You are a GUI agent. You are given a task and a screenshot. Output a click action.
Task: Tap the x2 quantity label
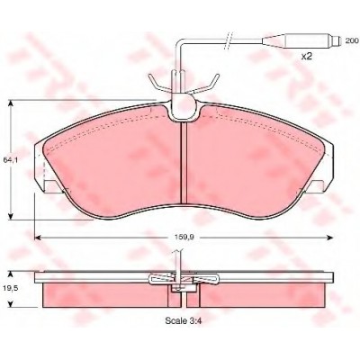(307, 56)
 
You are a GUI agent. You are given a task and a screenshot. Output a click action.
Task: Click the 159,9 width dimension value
(184, 237)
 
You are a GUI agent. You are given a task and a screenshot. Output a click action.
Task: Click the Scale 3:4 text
(183, 320)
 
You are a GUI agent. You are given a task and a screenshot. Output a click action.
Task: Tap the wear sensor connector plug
(301, 40)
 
